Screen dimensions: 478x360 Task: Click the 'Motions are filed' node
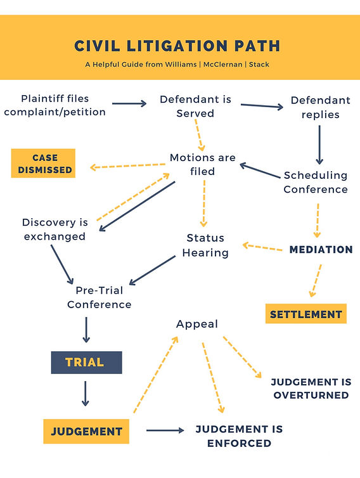(202, 164)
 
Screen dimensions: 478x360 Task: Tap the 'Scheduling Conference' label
(315, 182)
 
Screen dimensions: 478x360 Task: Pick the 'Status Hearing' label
(206, 245)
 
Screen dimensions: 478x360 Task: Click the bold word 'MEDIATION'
(321, 250)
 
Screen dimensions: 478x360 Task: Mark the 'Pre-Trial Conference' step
(99, 298)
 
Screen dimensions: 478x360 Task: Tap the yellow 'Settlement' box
(306, 314)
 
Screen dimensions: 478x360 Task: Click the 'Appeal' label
(196, 324)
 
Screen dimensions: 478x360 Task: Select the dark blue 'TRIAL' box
(86, 362)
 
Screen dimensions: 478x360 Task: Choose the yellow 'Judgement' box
(86, 431)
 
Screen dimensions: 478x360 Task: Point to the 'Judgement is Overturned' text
(311, 389)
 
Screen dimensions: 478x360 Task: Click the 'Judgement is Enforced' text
(239, 436)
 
